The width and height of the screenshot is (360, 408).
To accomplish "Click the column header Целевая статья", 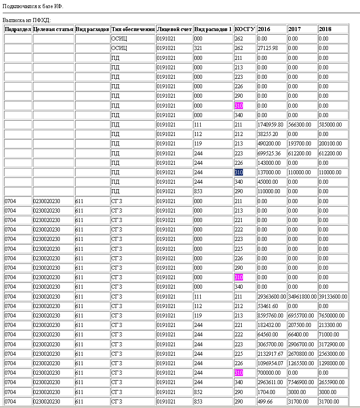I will pyautogui.click(x=53, y=29).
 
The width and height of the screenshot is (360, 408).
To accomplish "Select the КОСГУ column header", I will pyautogui.click(x=245, y=29).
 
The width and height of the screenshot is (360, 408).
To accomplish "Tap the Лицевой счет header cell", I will pyautogui.click(x=174, y=29).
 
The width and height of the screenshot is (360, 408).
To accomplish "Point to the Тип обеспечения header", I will pyautogui.click(x=133, y=29).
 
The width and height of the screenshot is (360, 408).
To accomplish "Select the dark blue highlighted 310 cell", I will pyautogui.click(x=238, y=172).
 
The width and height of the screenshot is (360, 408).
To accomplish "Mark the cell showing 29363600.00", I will pyautogui.click(x=271, y=297).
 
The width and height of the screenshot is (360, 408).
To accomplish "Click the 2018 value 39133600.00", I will pyautogui.click(x=333, y=297).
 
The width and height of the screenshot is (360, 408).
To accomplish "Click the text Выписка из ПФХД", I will pyautogui.click(x=27, y=20).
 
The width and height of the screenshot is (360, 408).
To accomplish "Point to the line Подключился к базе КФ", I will pyautogui.click(x=33, y=6).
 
